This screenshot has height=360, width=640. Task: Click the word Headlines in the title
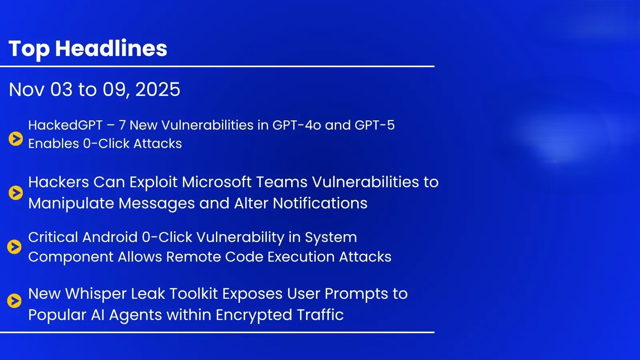(111, 48)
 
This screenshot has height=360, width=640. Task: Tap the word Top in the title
(29, 50)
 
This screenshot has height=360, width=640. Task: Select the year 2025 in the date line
(158, 90)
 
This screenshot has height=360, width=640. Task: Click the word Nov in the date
(26, 90)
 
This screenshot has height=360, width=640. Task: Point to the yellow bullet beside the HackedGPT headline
(16, 139)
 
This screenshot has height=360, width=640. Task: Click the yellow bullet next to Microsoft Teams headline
(16, 193)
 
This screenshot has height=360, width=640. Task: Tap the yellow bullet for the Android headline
(14, 247)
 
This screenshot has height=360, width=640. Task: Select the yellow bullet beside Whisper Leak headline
(14, 301)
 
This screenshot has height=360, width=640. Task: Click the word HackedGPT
(66, 125)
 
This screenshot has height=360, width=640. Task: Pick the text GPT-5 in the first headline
(374, 125)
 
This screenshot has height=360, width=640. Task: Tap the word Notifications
(320, 204)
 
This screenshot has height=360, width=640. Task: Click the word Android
(110, 237)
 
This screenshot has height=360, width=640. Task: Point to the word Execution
(301, 256)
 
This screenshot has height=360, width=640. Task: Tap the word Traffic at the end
(320, 315)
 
